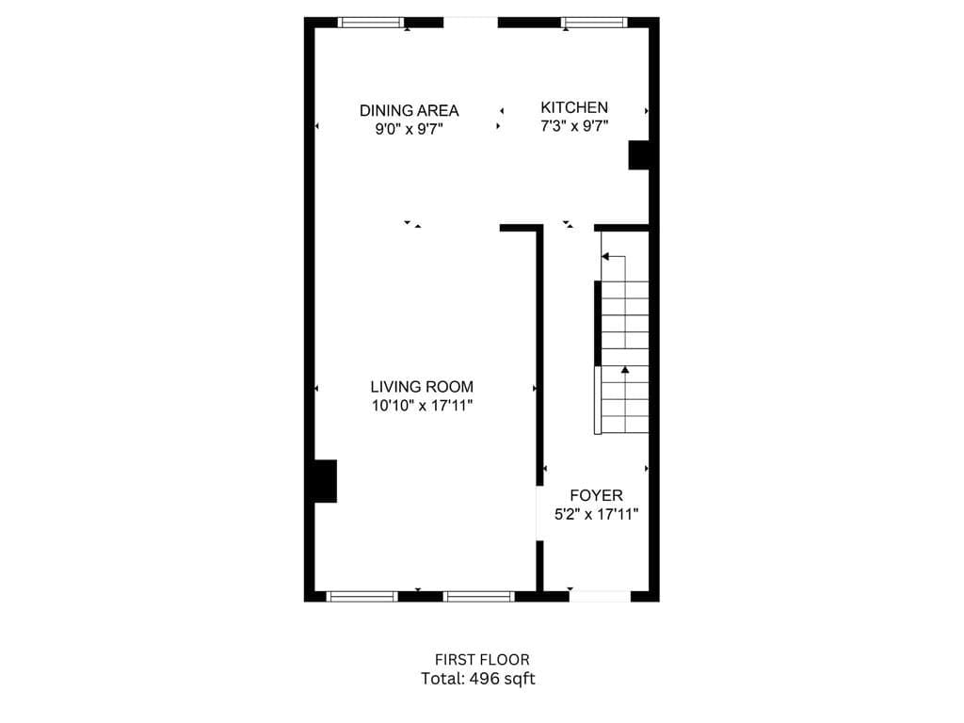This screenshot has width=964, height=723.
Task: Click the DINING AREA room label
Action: (x=409, y=110)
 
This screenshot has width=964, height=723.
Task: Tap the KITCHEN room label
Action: (x=573, y=107)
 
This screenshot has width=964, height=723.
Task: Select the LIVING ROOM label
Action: (x=422, y=386)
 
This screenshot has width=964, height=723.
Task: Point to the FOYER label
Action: (x=596, y=495)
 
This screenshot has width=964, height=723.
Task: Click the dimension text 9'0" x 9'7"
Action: (x=409, y=129)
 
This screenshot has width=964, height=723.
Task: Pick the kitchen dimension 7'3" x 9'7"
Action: (x=573, y=126)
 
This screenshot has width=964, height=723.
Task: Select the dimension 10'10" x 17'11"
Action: (x=422, y=406)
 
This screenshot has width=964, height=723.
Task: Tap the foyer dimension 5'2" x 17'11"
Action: (x=596, y=514)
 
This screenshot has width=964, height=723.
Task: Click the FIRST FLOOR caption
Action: (x=482, y=660)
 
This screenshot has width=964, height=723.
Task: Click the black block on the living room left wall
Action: (x=325, y=481)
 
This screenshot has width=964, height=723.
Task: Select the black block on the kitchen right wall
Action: (x=638, y=154)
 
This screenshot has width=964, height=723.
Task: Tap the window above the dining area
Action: (x=372, y=23)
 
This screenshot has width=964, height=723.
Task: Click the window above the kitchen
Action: (x=594, y=23)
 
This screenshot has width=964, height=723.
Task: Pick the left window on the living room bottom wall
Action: (x=361, y=596)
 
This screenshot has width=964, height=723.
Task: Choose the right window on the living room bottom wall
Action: (x=479, y=596)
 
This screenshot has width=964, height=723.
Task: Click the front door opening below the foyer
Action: (x=600, y=596)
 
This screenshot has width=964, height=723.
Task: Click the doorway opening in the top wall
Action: (x=470, y=23)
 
